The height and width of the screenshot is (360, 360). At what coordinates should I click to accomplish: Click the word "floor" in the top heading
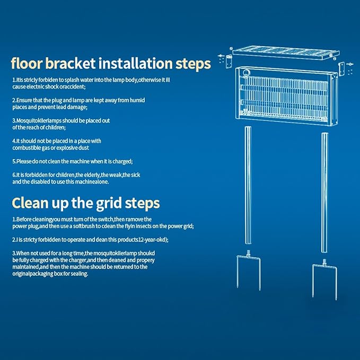tap(27, 64)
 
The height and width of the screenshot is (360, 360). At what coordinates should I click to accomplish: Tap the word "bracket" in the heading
tap(71, 64)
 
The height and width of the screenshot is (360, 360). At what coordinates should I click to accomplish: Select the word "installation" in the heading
tap(135, 64)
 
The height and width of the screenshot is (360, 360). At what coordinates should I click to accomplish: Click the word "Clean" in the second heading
tap(30, 203)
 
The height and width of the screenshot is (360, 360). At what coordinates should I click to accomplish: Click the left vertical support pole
tap(248, 185)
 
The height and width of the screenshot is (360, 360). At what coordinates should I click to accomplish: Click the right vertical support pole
tap(324, 192)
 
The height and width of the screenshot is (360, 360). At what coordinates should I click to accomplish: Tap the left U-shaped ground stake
tap(249, 257)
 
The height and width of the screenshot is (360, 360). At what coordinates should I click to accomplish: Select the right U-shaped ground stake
tap(324, 266)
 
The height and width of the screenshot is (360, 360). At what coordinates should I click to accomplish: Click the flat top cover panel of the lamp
tap(286, 53)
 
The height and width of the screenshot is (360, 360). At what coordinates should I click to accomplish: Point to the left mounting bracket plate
tap(229, 62)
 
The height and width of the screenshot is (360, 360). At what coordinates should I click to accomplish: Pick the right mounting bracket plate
tap(341, 69)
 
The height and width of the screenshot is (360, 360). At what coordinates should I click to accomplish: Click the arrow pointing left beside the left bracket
tap(221, 56)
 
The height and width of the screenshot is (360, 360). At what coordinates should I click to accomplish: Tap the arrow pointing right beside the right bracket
tap(350, 64)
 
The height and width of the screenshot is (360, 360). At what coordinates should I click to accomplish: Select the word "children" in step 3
tap(55, 127)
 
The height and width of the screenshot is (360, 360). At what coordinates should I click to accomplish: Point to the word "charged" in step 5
tap(122, 162)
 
